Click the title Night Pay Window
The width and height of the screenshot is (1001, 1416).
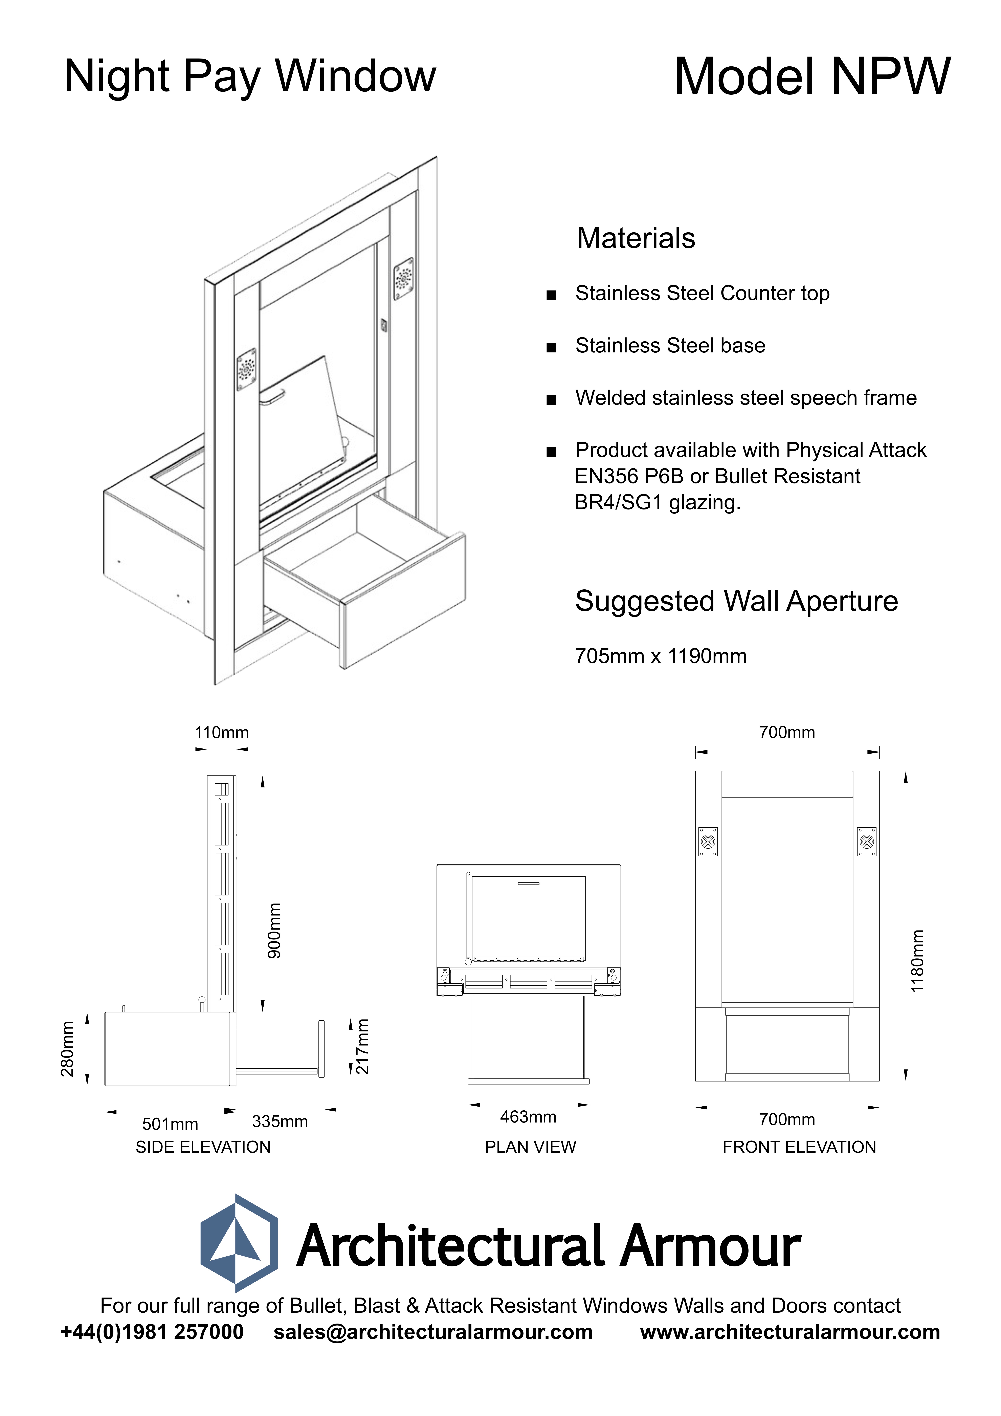250,77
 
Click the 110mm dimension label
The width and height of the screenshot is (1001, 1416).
221,733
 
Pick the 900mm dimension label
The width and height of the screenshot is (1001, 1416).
274,931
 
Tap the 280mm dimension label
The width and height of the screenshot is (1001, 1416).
67,1049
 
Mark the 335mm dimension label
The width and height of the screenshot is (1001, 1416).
279,1121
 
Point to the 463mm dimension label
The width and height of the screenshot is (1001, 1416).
528,1117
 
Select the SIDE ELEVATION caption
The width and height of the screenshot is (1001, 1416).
203,1147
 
